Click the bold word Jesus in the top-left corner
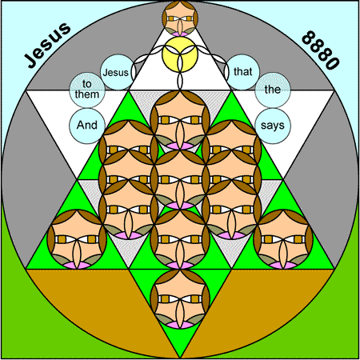(x=48, y=45)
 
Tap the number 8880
(x=321, y=50)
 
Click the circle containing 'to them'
(x=87, y=90)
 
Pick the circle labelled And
(x=87, y=126)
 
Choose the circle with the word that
(x=242, y=72)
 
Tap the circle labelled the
(x=273, y=90)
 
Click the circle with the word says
(x=273, y=126)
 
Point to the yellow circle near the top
(x=180, y=54)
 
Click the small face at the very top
(x=180, y=18)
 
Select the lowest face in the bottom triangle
(x=180, y=299)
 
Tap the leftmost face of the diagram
(x=77, y=239)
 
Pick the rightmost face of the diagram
(x=283, y=239)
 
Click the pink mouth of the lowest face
(x=180, y=325)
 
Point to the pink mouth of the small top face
(x=180, y=34)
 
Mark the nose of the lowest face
(x=180, y=311)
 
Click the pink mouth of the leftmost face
(x=77, y=265)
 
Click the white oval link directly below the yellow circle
(x=180, y=81)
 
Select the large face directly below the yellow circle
(x=180, y=120)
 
